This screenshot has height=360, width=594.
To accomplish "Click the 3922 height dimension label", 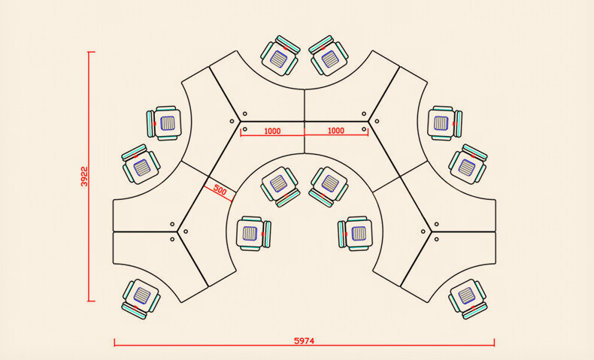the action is [x=84, y=177].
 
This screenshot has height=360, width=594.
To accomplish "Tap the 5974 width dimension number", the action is [x=305, y=340].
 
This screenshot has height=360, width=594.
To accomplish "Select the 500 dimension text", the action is [x=220, y=189].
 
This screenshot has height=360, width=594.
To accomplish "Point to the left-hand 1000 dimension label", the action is [x=272, y=132].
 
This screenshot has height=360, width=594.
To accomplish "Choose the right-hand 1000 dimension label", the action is [x=335, y=131].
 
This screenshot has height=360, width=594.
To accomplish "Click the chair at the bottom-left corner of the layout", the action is [x=141, y=299].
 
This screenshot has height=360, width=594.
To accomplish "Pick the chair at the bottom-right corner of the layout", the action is [x=468, y=299].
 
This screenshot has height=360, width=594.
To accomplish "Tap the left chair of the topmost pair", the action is [x=280, y=56].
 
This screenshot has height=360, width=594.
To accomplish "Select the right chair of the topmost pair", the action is [x=329, y=56].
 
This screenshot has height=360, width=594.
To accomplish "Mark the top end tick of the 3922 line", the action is [x=91, y=52].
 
